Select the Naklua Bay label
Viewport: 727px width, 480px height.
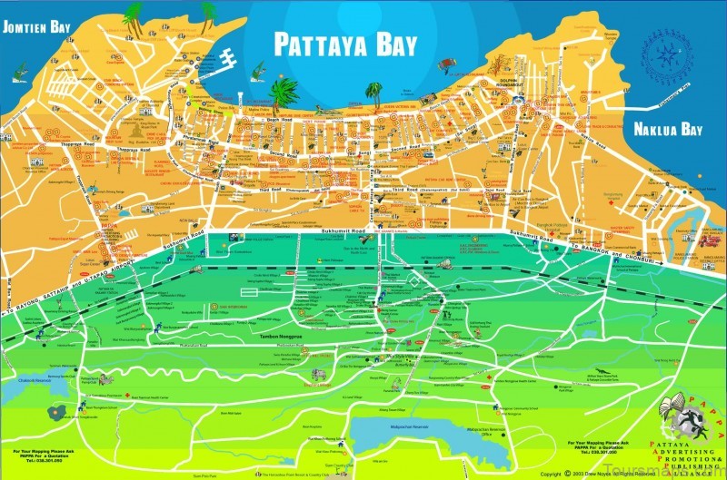(x=669, y=128)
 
